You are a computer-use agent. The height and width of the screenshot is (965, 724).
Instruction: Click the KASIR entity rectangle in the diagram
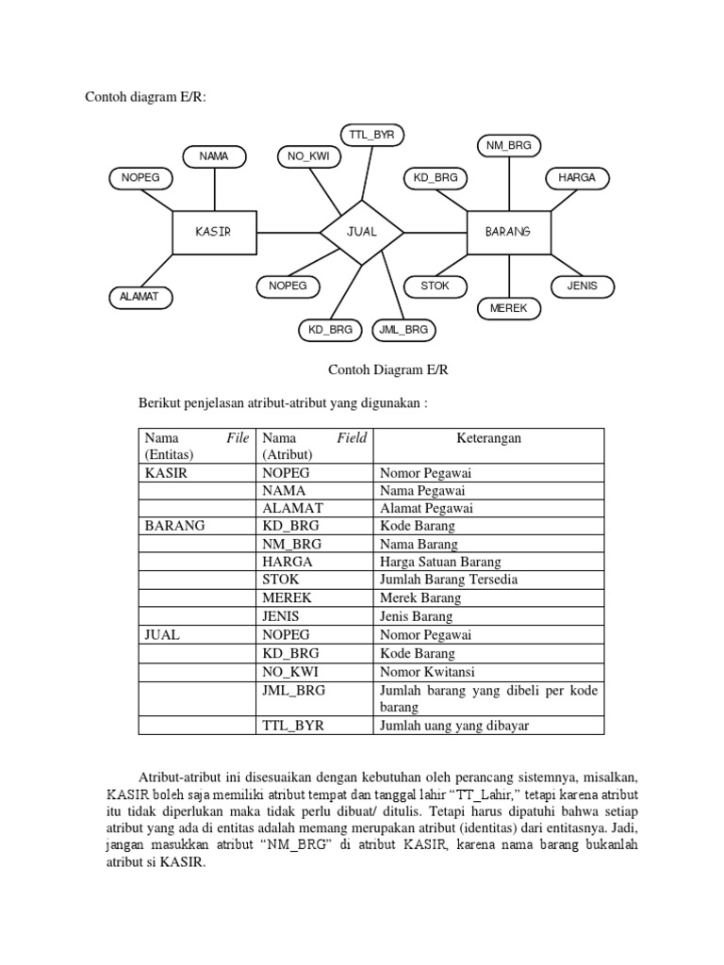click(x=214, y=232)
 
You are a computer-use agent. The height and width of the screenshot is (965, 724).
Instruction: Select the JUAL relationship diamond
click(x=362, y=232)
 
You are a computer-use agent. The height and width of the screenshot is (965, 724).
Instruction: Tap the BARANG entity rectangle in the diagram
click(x=509, y=232)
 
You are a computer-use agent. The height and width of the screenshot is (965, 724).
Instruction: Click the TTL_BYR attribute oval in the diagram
click(x=371, y=135)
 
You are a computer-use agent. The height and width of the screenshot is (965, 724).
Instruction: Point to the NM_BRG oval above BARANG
click(x=509, y=145)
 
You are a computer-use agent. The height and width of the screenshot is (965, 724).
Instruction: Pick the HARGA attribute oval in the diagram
click(x=577, y=177)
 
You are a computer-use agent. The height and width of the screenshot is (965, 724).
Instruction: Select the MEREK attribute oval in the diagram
click(x=509, y=308)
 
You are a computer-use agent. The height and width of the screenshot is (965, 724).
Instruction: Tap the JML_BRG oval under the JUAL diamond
click(x=403, y=330)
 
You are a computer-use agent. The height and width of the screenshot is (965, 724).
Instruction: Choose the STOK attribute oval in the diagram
click(x=436, y=286)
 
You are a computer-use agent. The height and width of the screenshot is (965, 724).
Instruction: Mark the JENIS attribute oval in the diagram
click(x=583, y=286)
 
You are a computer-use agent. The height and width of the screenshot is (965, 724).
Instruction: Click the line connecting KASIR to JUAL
click(x=288, y=232)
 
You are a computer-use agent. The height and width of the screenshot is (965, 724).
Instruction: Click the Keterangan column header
click(x=488, y=438)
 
